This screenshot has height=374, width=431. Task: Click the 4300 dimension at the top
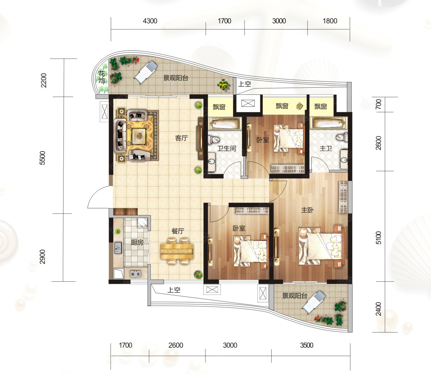150,21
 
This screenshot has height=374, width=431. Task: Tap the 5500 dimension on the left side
42,158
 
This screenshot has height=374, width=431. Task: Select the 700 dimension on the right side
378,104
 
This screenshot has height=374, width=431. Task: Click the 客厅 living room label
181,138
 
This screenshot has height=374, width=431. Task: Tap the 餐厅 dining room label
178,231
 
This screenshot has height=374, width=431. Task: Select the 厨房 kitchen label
137,242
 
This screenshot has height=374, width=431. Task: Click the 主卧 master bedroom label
307,210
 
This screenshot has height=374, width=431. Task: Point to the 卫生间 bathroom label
227,148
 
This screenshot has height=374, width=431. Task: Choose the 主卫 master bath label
326,148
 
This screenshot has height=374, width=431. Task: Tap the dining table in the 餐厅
177,251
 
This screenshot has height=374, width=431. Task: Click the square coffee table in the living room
139,135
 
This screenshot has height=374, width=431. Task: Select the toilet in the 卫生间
214,139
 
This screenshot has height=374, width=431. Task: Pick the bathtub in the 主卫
329,123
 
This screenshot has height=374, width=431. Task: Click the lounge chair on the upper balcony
146,72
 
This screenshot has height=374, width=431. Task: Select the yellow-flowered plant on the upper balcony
224,85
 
